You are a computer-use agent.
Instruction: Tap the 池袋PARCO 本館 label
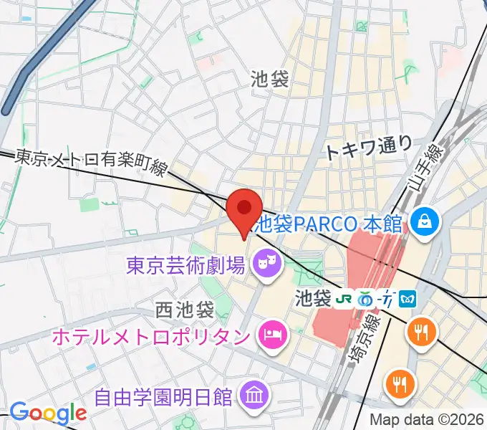click(329, 223)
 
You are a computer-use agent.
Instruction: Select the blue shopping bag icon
click(424, 221)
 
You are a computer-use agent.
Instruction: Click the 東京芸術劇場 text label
click(185, 267)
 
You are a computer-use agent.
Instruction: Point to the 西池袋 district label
click(185, 310)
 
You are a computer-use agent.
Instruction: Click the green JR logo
click(344, 296)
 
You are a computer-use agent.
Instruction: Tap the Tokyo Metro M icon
click(409, 297)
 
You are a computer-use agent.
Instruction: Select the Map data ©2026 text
click(427, 419)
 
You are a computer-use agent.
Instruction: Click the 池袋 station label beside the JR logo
click(312, 296)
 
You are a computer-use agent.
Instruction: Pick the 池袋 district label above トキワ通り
click(270, 79)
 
